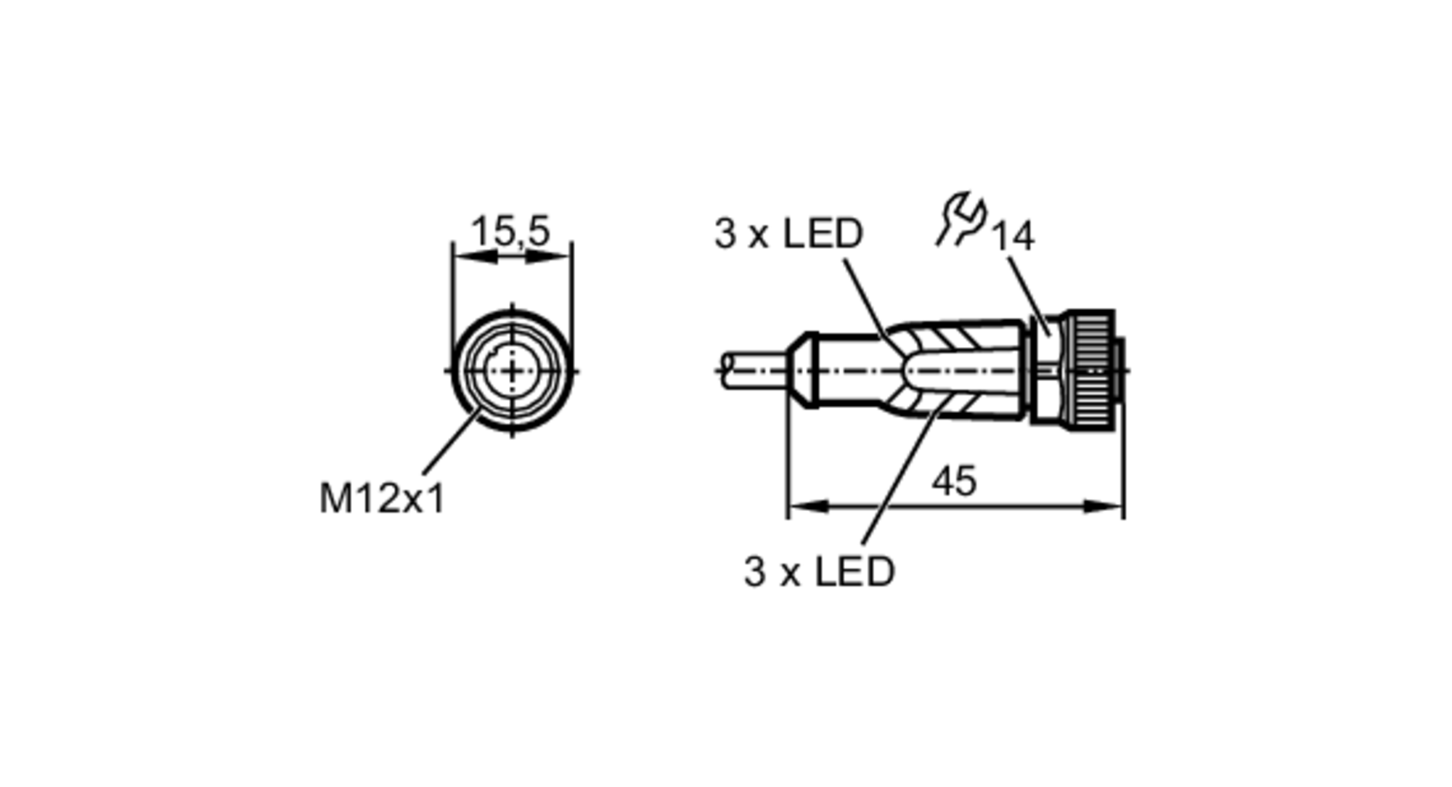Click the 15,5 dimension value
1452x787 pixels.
510,231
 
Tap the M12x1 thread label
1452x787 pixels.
382,499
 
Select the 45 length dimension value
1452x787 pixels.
954,482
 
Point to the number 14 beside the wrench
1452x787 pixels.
1013,237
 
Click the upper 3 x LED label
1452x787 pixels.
788,234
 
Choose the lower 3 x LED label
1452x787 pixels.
819,571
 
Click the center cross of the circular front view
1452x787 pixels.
513,371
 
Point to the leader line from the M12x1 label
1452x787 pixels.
450,443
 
